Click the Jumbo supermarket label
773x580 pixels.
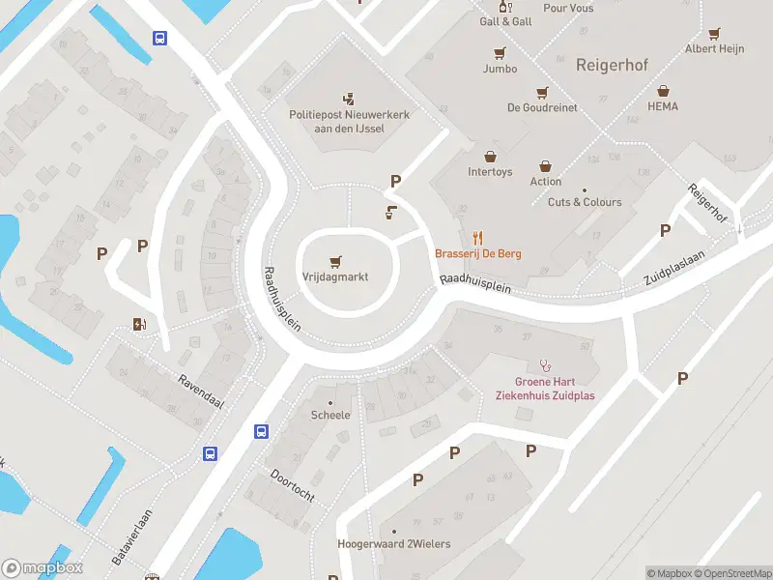click(500, 69)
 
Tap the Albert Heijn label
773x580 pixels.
click(714, 48)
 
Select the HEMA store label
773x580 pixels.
click(663, 105)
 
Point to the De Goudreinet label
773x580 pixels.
click(542, 107)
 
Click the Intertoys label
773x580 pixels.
click(490, 172)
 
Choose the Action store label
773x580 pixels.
click(545, 181)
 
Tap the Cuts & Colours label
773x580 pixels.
click(585, 202)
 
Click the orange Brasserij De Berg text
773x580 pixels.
click(478, 253)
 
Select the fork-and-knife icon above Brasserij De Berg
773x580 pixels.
click(476, 237)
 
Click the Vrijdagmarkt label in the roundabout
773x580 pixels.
click(335, 275)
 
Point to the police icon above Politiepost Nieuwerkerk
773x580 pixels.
click(350, 98)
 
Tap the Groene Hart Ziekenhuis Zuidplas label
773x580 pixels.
click(545, 389)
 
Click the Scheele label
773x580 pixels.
click(330, 415)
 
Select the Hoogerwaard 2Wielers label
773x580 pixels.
click(393, 544)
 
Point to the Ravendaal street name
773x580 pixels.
click(200, 391)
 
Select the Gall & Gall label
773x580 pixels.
click(505, 21)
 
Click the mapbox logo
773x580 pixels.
click(43, 568)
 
